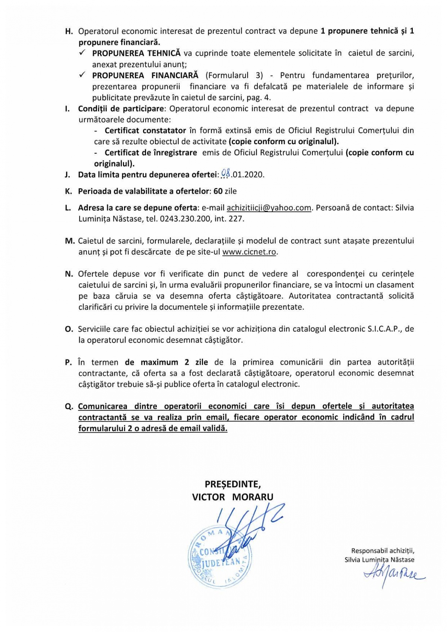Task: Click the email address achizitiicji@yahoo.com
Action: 269,208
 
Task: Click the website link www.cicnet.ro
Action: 249,252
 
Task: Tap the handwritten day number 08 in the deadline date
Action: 225,174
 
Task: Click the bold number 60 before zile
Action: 218,191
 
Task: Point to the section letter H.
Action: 69,31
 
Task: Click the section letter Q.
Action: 69,407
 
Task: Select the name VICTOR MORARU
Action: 233,497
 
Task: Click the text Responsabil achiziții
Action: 383,551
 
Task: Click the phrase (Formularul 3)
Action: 234,75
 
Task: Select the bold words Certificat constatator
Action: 145,131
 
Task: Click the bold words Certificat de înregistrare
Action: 151,153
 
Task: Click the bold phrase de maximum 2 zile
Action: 167,362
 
